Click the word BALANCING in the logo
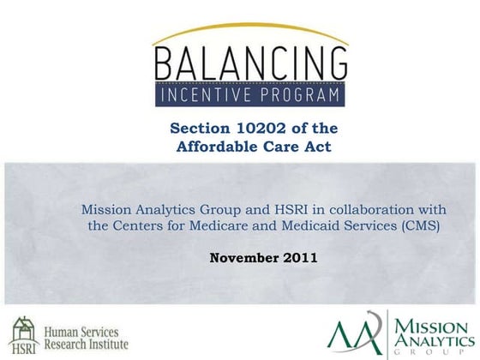point(250,62)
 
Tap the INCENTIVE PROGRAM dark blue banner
point(250,93)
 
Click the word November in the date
point(239,256)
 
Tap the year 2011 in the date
point(301,256)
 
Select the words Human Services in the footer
point(81,331)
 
